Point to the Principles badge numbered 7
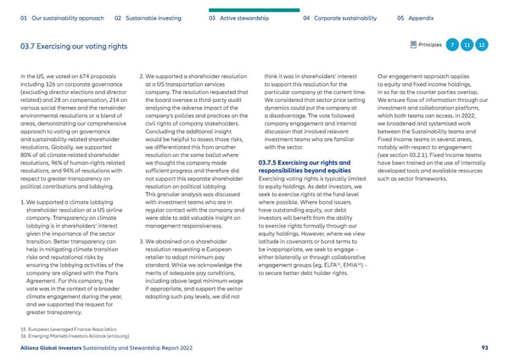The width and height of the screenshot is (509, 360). tap(454, 44)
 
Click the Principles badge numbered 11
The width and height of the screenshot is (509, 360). tap(467, 44)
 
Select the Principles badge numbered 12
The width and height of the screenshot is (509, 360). tap(482, 44)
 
